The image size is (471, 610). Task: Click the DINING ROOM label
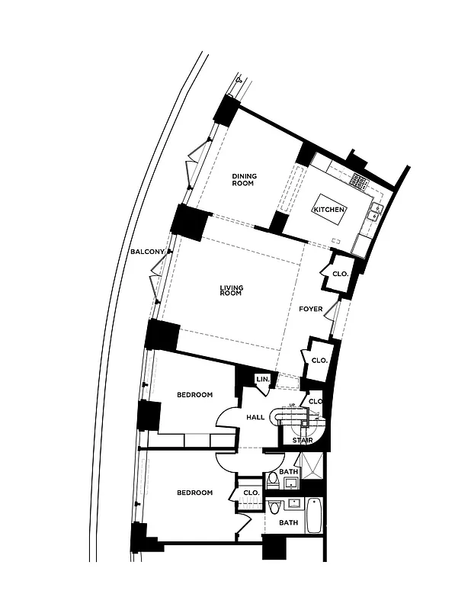pos(244,180)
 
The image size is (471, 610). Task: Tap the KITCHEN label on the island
pos(329,210)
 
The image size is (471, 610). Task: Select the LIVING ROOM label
pos(232,291)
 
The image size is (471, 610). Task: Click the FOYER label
pos(311,310)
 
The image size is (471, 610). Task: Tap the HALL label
pos(255,417)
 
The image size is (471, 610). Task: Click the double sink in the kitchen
pos(375,211)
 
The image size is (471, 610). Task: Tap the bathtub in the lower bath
pos(315,516)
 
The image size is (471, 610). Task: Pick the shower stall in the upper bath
pos(311,469)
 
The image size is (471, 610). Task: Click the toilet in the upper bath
pos(273,480)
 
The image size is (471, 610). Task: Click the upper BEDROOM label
pos(194,395)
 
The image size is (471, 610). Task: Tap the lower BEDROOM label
pos(194,493)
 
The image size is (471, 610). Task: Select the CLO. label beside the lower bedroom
pos(251,493)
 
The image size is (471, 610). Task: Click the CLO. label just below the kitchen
pos(340,274)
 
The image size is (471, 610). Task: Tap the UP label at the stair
pos(293,406)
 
